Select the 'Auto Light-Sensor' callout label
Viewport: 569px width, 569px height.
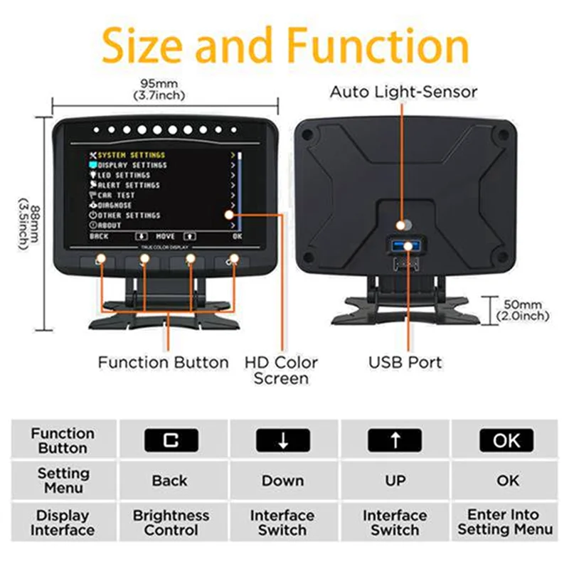403,92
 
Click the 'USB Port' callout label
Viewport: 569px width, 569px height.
405,361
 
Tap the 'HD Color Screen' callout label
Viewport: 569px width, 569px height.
281,370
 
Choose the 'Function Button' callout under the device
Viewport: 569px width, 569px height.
164,362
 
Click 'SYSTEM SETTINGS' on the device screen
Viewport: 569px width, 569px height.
131,155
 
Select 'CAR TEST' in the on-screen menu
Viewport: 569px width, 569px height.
117,195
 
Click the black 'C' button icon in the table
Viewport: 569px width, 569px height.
171,440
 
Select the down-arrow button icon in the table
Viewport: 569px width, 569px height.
282,440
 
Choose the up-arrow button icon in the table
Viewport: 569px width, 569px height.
395,440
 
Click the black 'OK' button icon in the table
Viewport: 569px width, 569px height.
506,440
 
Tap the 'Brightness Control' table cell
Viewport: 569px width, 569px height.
171,522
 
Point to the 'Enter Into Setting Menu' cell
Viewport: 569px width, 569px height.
505,522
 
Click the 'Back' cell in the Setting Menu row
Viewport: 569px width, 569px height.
171,480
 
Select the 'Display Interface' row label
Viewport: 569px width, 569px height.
63,522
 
